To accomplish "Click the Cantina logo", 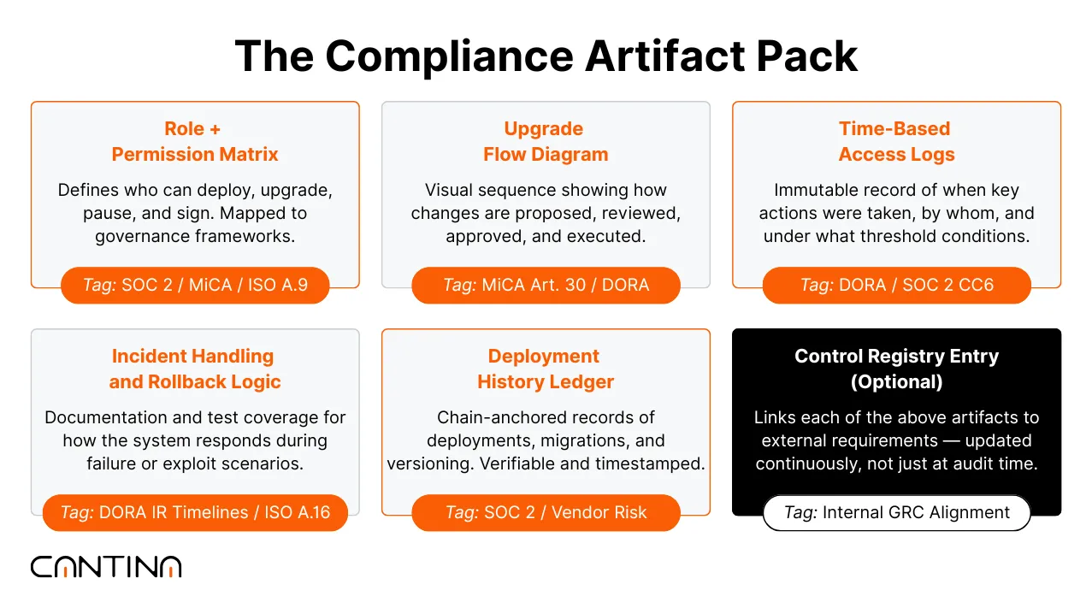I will point(106,566).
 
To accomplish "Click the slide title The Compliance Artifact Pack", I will point(546,56).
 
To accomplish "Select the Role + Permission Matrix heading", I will point(195,142).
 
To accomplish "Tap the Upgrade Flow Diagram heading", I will point(545,142).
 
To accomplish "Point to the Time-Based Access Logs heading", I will point(895,142).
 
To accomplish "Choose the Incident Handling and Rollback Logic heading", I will point(195,369).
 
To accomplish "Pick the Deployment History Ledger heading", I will point(545,369).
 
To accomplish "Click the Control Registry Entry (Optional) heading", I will point(895,369).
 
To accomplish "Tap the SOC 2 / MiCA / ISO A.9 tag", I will point(195,285).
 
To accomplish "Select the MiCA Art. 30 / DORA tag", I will point(546,285).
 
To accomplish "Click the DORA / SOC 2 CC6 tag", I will point(896,285).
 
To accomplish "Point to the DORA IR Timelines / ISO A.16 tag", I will point(195,512).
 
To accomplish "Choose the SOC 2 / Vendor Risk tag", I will point(546,512).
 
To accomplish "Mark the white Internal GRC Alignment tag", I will point(896,512).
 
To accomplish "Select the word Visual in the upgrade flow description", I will point(450,190).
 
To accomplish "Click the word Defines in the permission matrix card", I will point(86,190).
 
